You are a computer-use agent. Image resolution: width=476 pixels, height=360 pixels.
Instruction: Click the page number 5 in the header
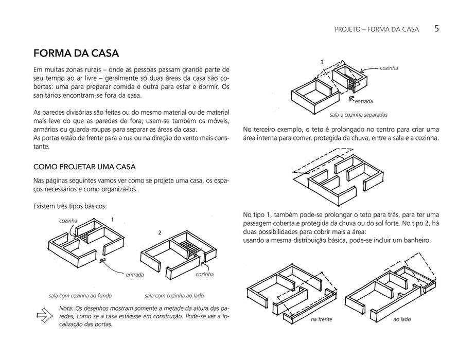(x=436, y=29)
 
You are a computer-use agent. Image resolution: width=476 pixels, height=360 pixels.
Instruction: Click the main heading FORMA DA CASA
(x=76, y=53)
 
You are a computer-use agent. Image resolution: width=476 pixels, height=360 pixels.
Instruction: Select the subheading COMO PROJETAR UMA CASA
(x=84, y=167)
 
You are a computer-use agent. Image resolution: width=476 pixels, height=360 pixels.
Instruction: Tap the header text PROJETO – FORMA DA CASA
(x=377, y=29)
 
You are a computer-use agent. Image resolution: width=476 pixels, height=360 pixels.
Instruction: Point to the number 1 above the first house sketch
(x=112, y=220)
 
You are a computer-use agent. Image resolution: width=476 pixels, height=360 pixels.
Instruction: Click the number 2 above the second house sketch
(x=160, y=233)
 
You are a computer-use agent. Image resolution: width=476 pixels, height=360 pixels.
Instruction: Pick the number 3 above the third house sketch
(x=322, y=62)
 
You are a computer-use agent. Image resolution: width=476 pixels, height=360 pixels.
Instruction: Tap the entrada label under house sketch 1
(x=135, y=275)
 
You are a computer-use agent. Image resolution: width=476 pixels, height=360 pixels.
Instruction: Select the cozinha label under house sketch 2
(x=204, y=275)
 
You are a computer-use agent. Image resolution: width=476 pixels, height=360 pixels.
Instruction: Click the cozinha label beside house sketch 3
(x=389, y=68)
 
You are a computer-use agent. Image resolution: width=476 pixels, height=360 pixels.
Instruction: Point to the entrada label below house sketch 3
(x=364, y=101)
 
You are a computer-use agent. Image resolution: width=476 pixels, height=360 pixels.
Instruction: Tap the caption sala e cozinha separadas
(x=358, y=115)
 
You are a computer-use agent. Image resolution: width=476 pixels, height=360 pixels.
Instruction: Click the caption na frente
(x=322, y=319)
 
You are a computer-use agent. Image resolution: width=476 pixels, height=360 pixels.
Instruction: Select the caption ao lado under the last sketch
(x=402, y=319)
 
